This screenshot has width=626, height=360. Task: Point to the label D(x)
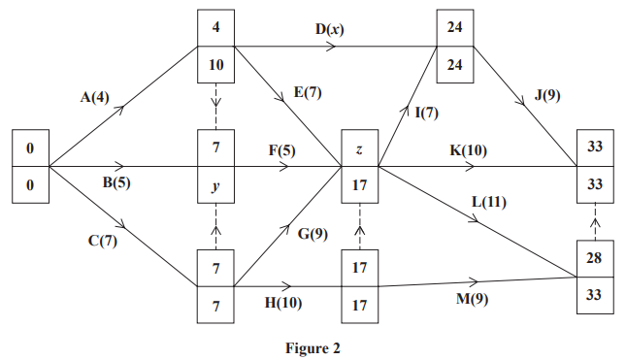tap(329, 29)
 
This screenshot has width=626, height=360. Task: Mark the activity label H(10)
tap(283, 302)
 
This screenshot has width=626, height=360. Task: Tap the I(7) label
tap(426, 112)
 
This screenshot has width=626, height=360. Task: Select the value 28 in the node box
tap(596, 260)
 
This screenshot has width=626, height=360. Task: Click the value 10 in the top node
tap(216, 64)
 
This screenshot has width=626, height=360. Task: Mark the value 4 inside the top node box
tap(216, 28)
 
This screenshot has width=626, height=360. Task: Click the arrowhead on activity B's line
tap(120, 167)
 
